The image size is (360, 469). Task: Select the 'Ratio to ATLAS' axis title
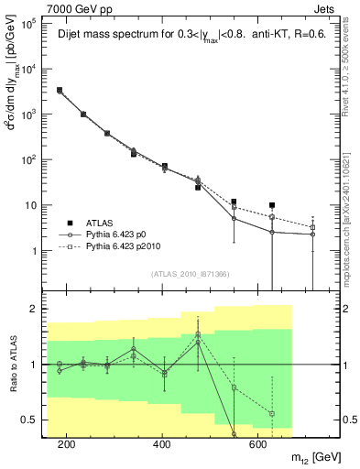11,365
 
